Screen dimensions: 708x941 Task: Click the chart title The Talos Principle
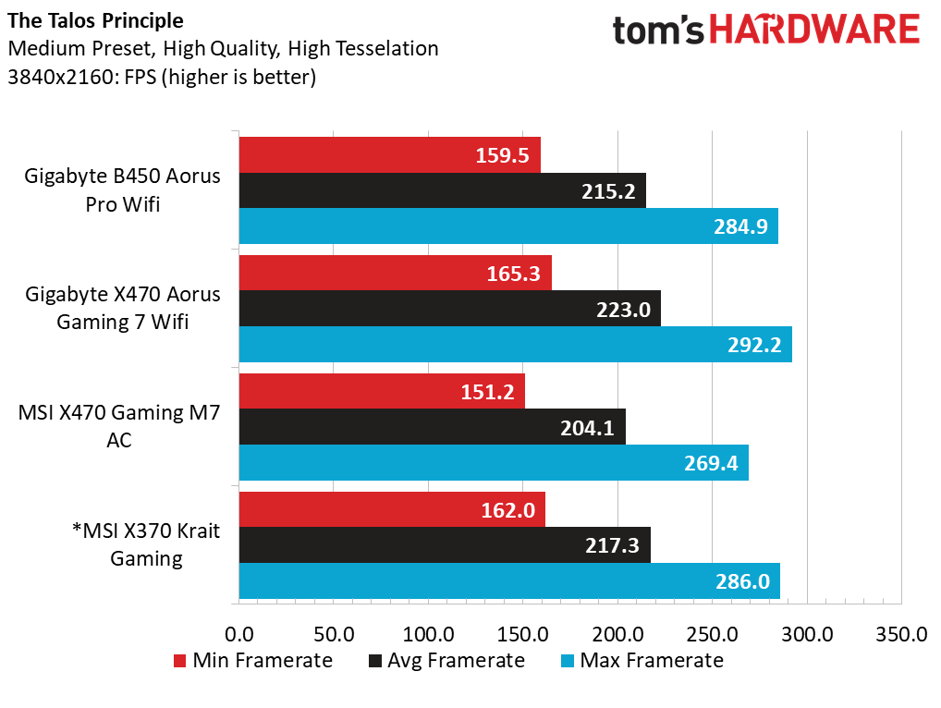coord(95,20)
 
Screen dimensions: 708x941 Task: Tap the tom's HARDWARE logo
coord(766,31)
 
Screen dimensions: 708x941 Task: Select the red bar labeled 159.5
coord(389,155)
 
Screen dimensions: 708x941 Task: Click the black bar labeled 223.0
coord(449,309)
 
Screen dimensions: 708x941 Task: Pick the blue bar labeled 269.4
coord(494,463)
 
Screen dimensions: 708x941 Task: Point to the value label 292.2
coord(751,345)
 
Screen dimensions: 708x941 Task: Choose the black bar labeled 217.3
coord(445,545)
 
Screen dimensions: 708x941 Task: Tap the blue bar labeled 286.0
coord(509,580)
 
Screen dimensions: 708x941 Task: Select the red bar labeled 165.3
coord(395,273)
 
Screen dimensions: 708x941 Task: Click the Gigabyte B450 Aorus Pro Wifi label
coord(123,189)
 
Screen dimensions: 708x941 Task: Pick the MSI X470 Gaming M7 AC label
coord(119,426)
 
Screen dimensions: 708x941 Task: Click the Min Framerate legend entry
coord(253,660)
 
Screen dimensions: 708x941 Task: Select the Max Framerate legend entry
coord(642,660)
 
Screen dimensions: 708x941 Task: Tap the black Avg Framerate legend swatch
coord(375,661)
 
